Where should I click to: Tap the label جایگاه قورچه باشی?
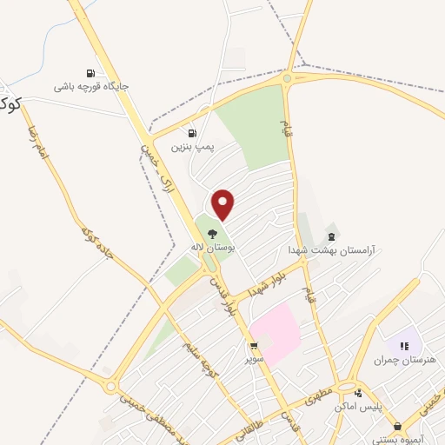(x=91, y=87)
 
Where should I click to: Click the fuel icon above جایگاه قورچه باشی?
(x=90, y=73)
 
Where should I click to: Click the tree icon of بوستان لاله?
(x=212, y=233)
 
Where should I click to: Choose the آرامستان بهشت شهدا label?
(x=331, y=249)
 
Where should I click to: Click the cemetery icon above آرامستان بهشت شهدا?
(x=331, y=236)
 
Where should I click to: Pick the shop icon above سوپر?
(x=254, y=346)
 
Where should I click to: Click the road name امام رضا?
(x=46, y=145)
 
